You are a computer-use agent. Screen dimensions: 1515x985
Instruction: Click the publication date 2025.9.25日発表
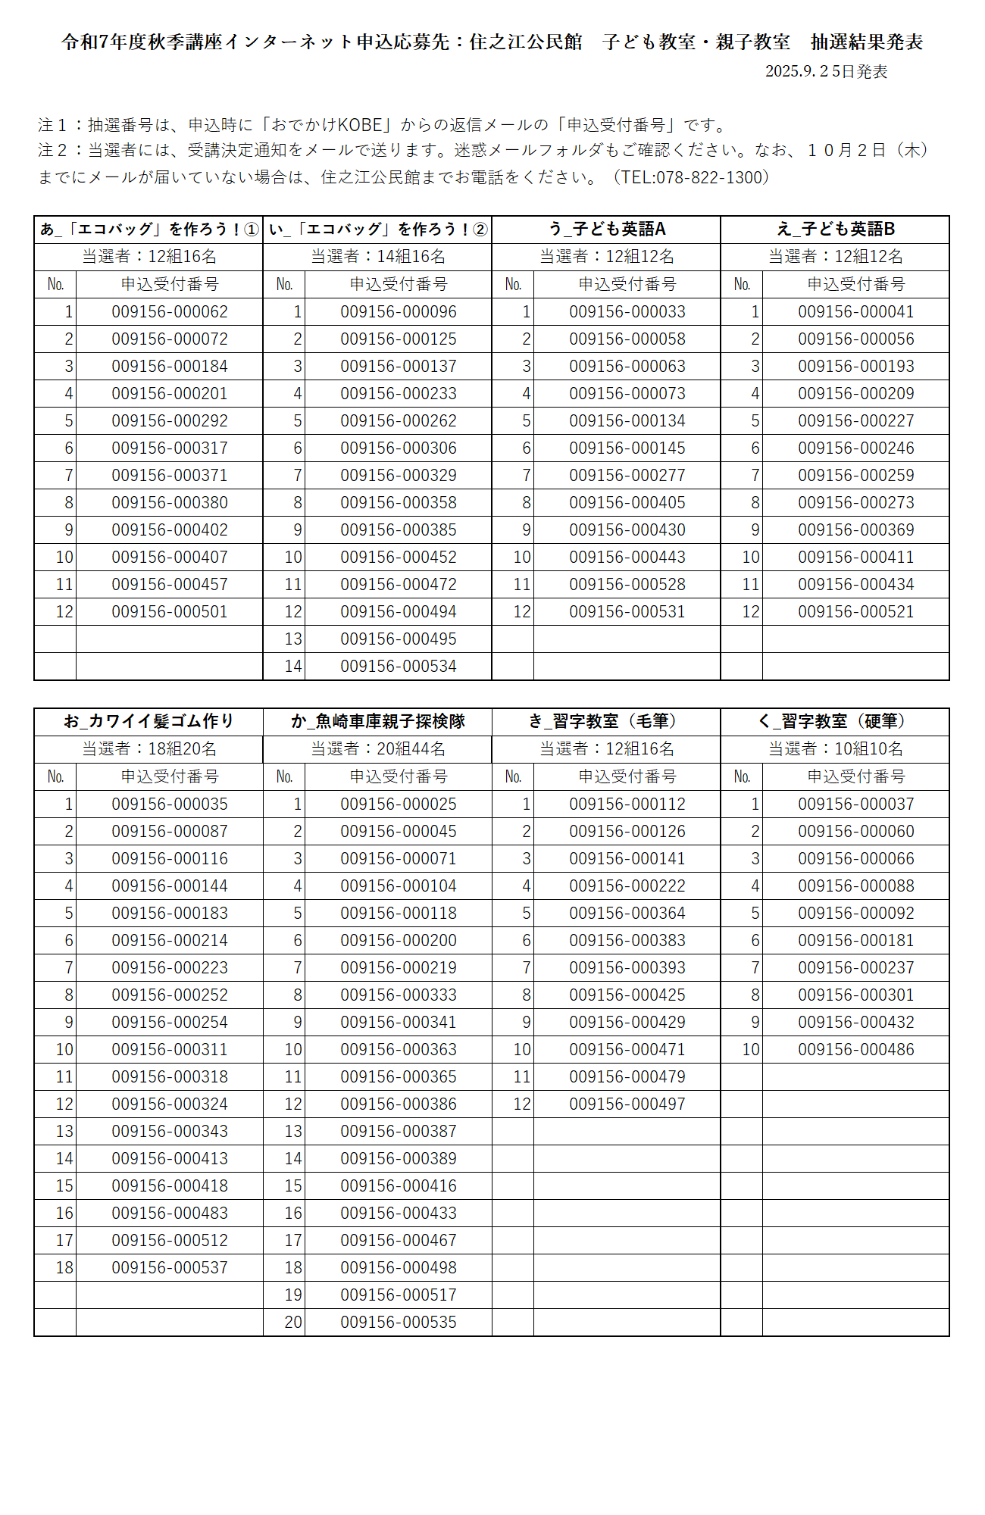coord(826,71)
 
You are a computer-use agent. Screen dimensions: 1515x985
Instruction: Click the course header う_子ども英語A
coord(606,229)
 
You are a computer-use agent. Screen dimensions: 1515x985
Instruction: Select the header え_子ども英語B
coord(835,229)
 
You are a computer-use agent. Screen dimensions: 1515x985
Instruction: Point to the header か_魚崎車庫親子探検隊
coord(377,721)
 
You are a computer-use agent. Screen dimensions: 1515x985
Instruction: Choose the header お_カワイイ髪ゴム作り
coord(149,721)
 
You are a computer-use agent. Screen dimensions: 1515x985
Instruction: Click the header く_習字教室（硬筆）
coord(835,721)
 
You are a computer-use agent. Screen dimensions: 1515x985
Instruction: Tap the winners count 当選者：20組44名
coord(377,748)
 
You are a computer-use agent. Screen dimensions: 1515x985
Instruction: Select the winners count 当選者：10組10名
coord(835,748)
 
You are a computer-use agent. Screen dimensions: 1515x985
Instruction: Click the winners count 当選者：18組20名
coord(149,748)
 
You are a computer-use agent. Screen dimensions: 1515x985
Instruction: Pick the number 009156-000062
coord(170,311)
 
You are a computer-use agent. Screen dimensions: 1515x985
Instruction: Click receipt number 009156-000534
coord(399,666)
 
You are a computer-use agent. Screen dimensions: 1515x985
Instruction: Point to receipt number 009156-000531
coord(627,611)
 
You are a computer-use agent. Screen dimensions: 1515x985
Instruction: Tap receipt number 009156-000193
coord(856,366)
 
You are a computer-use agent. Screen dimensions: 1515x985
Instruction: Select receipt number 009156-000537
coord(170,1267)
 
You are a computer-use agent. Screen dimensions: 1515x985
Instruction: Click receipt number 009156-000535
coord(399,1322)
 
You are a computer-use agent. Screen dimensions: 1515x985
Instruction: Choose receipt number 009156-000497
coord(627,1104)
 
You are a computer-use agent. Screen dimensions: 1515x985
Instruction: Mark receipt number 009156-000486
coord(856,1049)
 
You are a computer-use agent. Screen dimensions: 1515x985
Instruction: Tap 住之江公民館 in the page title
coord(526,42)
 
